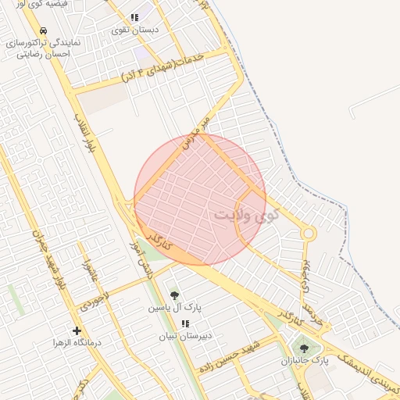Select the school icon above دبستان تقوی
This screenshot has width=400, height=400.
tap(135, 17)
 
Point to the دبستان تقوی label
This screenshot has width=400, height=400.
tap(135, 30)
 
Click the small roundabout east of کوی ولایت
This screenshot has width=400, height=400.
tap(309, 233)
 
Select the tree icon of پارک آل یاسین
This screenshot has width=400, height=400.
tap(174, 295)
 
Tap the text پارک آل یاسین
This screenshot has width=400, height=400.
tap(175, 308)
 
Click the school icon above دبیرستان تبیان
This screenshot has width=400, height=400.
tap(185, 323)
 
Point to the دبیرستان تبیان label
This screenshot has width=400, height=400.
tap(186, 337)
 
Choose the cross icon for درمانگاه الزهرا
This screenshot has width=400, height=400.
tap(77, 330)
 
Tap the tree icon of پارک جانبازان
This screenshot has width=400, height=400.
tap(304, 348)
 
